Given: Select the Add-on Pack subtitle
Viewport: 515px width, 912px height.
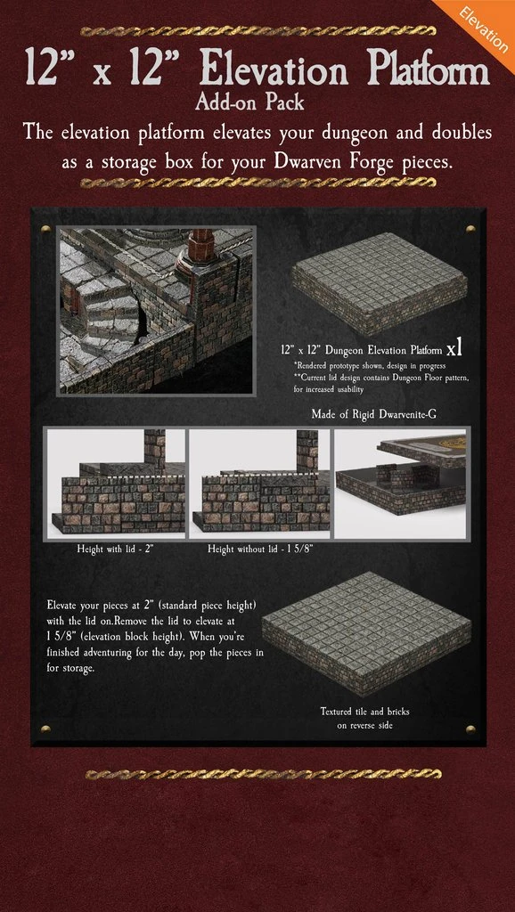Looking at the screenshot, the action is coord(249,103).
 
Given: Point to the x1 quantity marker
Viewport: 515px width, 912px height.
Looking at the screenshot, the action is coord(454,349).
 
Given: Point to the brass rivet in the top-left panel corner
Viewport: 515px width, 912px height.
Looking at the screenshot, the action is coord(45,229).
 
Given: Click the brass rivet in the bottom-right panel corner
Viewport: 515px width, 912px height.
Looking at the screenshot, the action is coord(470,729).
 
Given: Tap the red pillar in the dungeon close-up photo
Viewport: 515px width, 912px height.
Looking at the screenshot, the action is coord(199,256).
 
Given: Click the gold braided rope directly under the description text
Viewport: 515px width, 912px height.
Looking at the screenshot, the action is coord(257,183).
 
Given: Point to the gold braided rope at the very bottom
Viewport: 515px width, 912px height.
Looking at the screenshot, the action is coord(263,774).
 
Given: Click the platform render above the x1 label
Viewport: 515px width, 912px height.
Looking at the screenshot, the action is coord(380,282).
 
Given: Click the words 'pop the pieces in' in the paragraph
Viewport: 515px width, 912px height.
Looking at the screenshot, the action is coord(223,653).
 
